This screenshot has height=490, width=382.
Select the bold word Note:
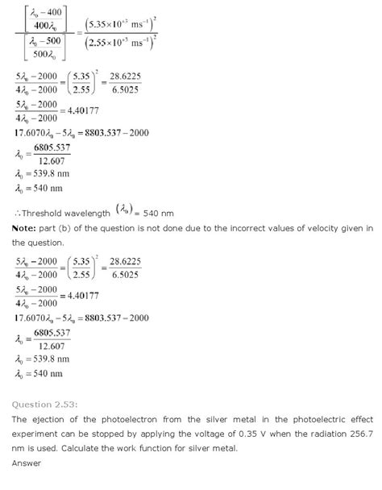click(25, 228)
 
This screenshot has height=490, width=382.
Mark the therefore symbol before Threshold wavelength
click(15, 214)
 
